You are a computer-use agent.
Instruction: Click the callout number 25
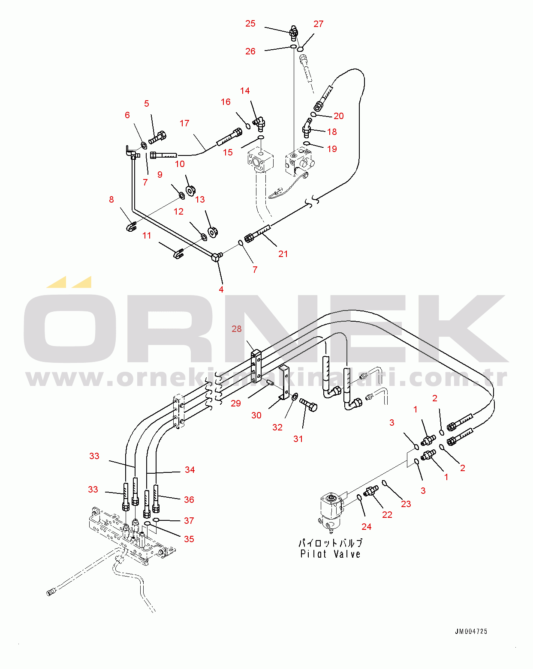tap(250, 24)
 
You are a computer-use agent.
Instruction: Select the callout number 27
tap(318, 24)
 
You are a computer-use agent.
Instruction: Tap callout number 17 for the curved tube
tap(184, 123)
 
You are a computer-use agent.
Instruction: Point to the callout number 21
tap(283, 254)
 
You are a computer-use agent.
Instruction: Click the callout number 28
tap(237, 329)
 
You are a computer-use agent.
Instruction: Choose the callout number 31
tap(298, 439)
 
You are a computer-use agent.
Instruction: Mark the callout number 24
tap(366, 527)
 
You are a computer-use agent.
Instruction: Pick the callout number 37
tap(189, 521)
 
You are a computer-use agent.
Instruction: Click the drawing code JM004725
tap(471, 631)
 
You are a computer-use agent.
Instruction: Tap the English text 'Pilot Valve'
tap(330, 554)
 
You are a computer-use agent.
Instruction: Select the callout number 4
tap(221, 290)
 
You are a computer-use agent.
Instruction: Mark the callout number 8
tap(111, 200)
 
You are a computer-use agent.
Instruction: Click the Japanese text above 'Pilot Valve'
tap(330, 543)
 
